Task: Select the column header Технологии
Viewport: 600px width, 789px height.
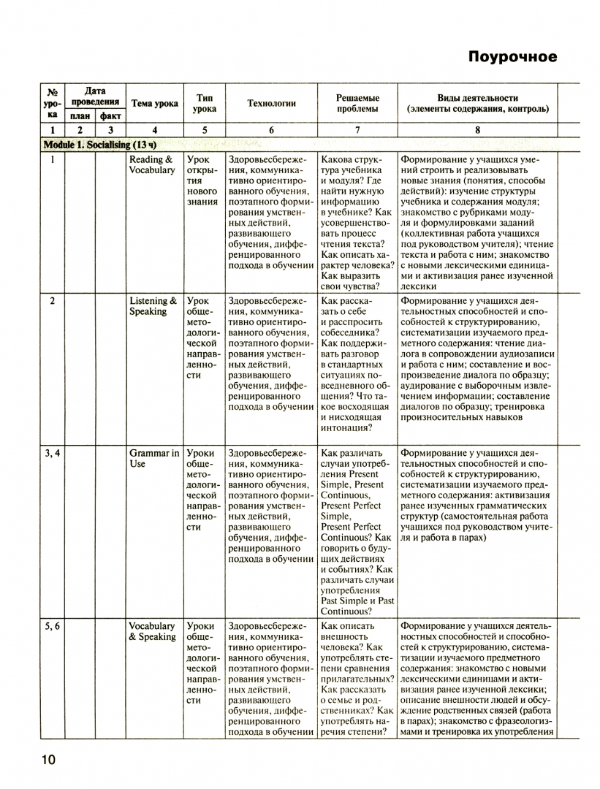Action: tap(271, 104)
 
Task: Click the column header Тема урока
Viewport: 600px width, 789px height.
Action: tap(154, 104)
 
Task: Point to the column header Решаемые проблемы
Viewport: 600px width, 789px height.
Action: tap(357, 104)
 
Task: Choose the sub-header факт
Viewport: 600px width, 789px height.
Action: tap(110, 115)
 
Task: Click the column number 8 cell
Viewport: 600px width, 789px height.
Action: tap(477, 130)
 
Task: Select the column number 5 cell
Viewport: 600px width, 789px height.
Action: tap(205, 130)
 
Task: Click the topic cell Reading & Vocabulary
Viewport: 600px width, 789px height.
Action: tap(152, 165)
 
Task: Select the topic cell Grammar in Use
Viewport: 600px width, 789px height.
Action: tap(153, 459)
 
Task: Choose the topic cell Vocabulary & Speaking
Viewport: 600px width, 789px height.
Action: tap(152, 631)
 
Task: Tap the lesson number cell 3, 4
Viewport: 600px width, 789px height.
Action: tap(53, 454)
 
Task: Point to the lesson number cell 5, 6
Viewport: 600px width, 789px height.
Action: tap(53, 626)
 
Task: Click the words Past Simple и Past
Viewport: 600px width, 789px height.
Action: tap(357, 601)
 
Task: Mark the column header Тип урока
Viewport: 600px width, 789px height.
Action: tap(205, 104)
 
